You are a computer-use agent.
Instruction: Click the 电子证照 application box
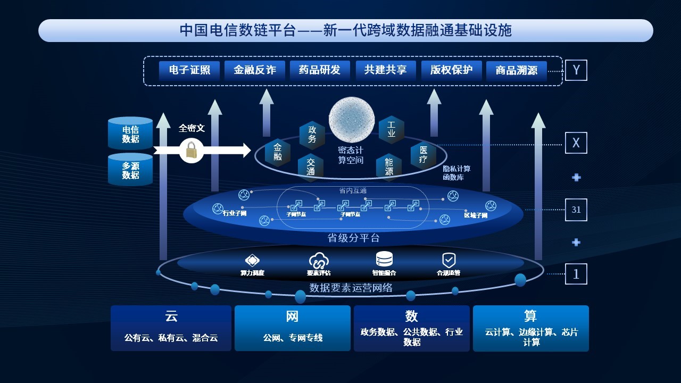tap(189, 70)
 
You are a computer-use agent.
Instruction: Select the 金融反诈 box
tap(255, 70)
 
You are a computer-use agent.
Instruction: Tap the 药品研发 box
tap(320, 70)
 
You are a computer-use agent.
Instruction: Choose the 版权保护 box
tap(451, 70)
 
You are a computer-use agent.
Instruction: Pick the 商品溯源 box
tap(517, 71)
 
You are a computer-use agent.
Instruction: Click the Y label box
tap(576, 70)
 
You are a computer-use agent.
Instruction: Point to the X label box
tap(576, 143)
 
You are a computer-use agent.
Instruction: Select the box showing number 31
tap(576, 210)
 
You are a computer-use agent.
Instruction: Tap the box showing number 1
tap(576, 274)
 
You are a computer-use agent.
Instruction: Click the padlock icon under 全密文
tap(192, 151)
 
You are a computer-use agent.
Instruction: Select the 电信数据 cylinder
tap(130, 134)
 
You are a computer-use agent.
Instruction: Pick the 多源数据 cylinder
tap(130, 170)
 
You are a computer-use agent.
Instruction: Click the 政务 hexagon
tap(312, 134)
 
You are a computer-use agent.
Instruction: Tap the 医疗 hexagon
tap(423, 155)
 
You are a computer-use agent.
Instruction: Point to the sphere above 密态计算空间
tap(352, 120)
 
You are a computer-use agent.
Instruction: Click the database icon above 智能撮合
tap(384, 259)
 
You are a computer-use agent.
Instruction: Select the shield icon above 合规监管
tap(449, 260)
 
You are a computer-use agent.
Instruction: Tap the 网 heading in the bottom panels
tap(292, 317)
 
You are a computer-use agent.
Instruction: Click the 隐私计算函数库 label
tap(456, 173)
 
